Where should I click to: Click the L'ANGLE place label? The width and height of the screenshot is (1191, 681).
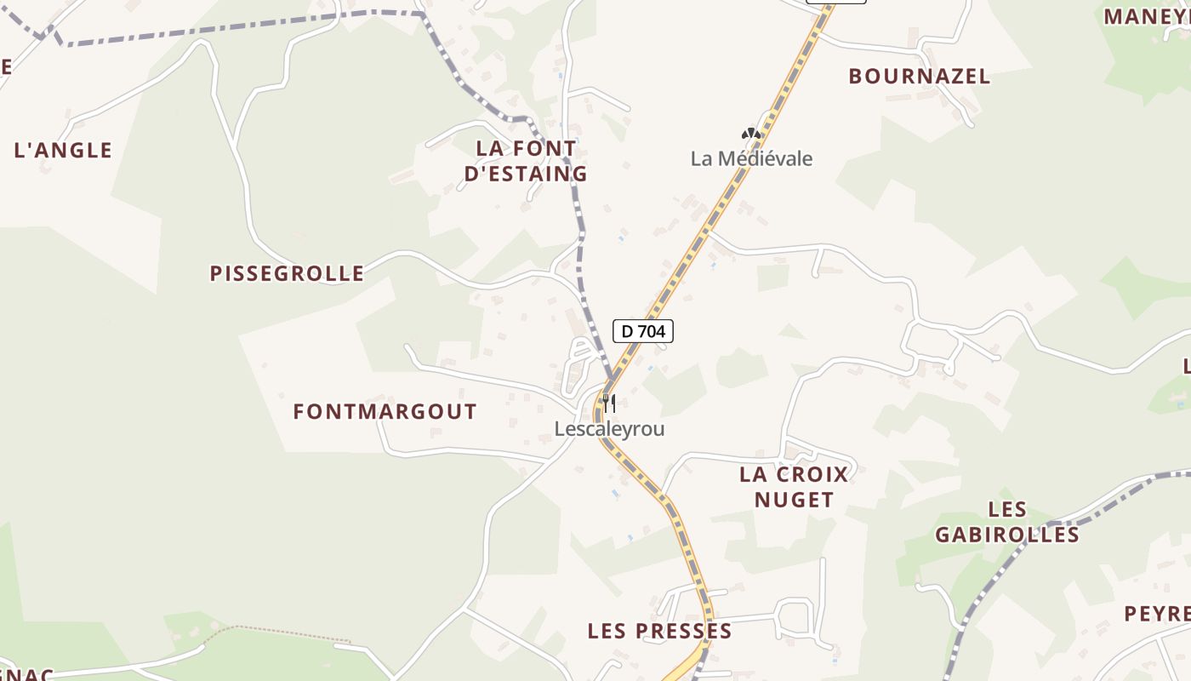[63, 151]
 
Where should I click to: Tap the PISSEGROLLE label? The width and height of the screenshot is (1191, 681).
[287, 273]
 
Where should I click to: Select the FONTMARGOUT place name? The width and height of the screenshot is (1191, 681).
[385, 412]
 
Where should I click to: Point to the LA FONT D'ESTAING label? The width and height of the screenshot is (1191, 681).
[526, 161]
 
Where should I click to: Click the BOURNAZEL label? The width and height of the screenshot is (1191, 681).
[920, 77]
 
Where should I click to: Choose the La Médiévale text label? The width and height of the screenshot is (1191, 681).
[751, 159]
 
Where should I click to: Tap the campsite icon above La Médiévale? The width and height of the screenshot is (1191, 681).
[749, 134]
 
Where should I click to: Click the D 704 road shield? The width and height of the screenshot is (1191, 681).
[643, 331]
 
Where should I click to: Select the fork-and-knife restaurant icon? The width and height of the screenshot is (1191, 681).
[608, 403]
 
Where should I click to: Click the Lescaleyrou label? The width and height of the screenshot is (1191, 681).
[609, 429]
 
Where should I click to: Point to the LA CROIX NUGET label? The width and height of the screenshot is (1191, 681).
[795, 487]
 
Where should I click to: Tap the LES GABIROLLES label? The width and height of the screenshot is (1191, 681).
[1007, 522]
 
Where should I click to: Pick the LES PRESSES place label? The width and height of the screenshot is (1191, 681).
[659, 632]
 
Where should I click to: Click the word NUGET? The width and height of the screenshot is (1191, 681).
[795, 500]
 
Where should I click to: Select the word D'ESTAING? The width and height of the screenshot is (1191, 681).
[526, 174]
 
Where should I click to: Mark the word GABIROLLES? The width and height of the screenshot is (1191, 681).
[1007, 535]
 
